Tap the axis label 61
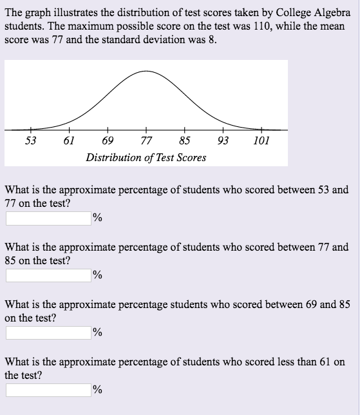tap(70, 140)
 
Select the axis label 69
tap(108, 140)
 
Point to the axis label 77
tap(146, 140)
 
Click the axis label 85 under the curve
tap(185, 140)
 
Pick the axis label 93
tap(223, 140)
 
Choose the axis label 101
tap(261, 140)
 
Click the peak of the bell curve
tap(146, 71)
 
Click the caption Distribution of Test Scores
tap(146, 157)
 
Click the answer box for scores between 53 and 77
tap(48, 218)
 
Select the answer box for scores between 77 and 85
tap(48, 276)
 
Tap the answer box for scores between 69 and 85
tap(48, 333)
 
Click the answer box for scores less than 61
tap(48, 390)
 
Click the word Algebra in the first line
tap(333, 13)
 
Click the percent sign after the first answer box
tap(97, 218)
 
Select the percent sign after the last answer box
tap(97, 390)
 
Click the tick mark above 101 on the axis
tap(261, 130)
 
